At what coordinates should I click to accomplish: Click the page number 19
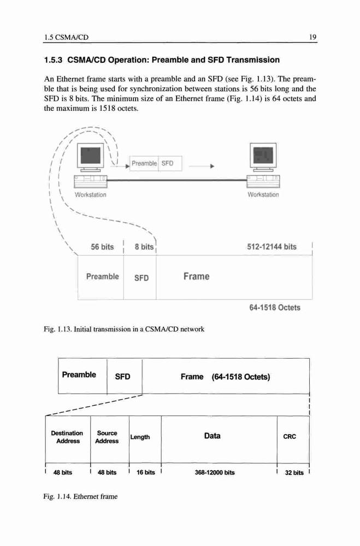click(313, 37)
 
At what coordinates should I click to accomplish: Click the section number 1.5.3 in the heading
click(54, 60)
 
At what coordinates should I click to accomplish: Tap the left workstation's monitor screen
click(91, 155)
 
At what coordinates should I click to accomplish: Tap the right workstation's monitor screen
click(263, 153)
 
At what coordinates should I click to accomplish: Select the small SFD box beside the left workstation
click(170, 163)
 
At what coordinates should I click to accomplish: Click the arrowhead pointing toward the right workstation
click(212, 167)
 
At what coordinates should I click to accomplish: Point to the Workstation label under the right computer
click(263, 195)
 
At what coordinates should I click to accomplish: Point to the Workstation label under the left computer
click(91, 195)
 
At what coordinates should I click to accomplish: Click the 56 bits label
click(102, 247)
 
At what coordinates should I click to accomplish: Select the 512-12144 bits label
click(272, 247)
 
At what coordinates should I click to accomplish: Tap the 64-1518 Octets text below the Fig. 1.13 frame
click(275, 308)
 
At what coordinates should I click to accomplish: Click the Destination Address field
click(68, 439)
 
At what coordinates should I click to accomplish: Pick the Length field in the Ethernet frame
click(145, 439)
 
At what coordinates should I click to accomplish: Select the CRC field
click(293, 439)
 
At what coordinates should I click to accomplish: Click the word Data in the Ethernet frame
click(213, 436)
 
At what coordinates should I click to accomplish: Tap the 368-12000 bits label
click(215, 472)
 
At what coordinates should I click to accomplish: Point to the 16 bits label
click(146, 472)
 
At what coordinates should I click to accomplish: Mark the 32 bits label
click(294, 473)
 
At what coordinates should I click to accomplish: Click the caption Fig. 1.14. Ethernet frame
click(80, 496)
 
